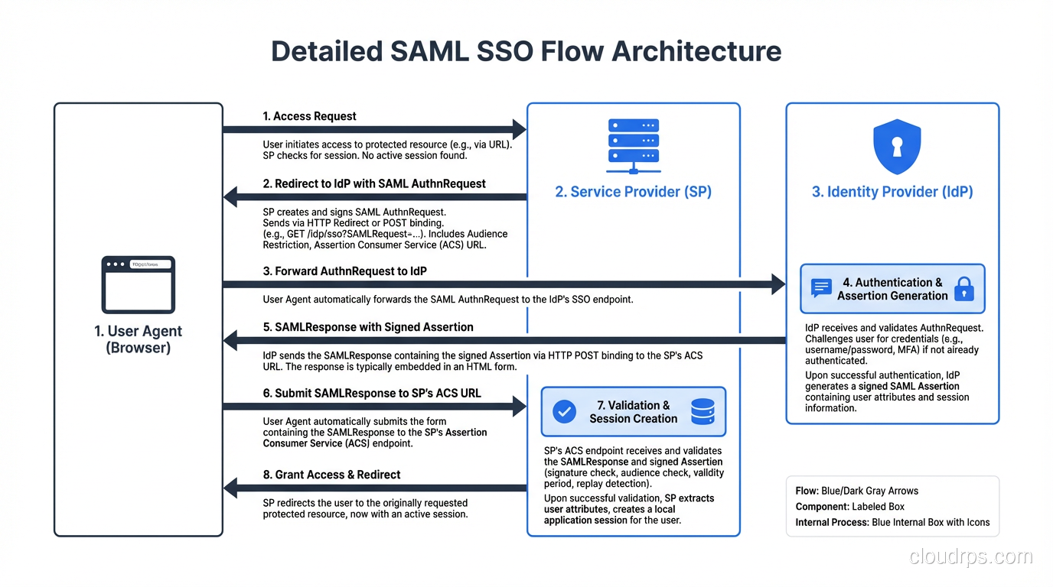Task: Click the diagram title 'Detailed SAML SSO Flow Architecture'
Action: pos(526,51)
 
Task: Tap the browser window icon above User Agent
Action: pos(139,284)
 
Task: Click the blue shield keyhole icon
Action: pos(897,147)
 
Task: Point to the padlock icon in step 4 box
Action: pos(964,289)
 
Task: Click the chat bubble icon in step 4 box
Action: pos(821,288)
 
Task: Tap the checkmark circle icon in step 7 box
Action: pos(565,412)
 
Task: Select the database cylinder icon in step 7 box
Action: pos(702,412)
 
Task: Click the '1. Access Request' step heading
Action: pos(309,116)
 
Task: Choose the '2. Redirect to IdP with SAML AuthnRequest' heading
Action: pos(374,184)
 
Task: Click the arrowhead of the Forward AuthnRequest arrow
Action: pos(778,284)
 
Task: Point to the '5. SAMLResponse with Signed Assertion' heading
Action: pos(368,327)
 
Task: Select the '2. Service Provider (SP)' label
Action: pos(633,192)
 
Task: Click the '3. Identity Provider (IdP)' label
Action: pos(892,192)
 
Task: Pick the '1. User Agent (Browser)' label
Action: pos(139,339)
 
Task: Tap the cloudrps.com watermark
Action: pos(970,557)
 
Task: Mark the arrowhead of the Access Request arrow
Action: pos(519,130)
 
